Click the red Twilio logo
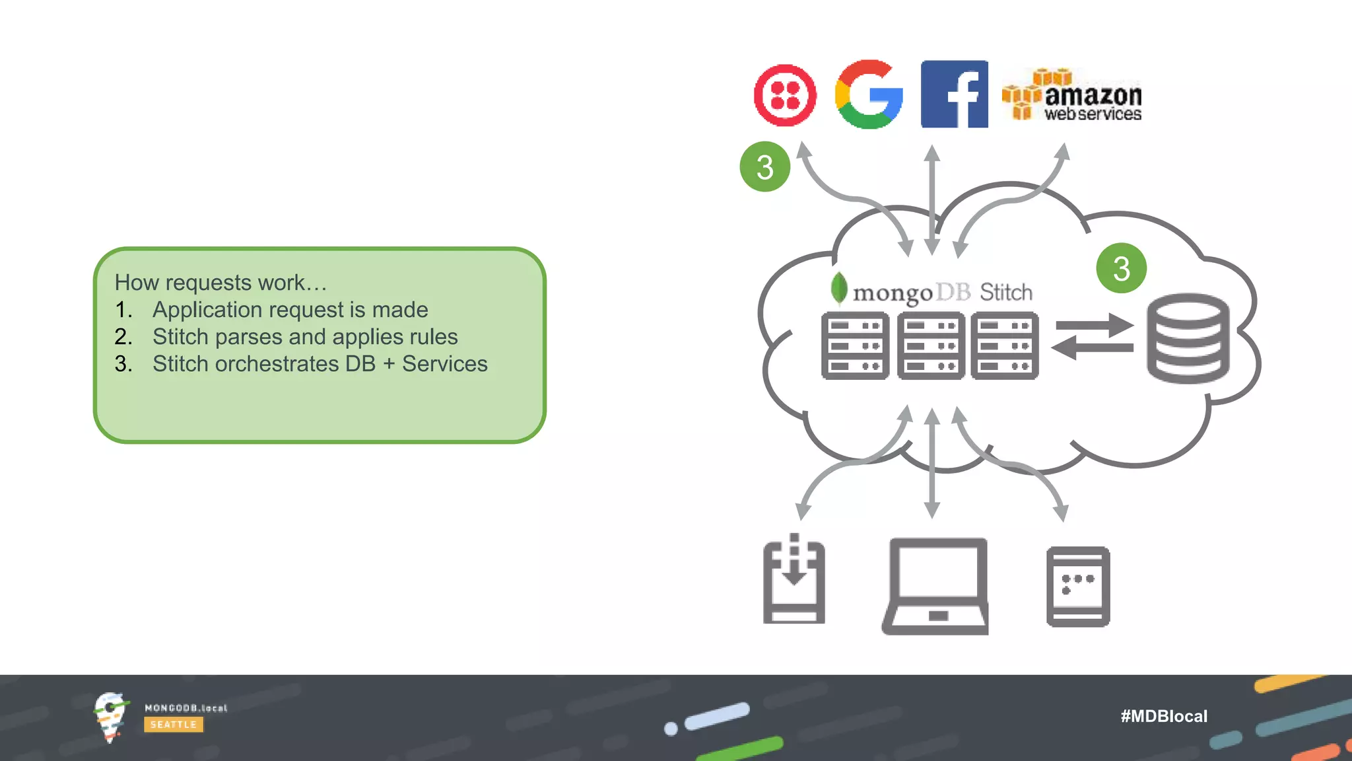(x=785, y=95)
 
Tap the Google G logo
(x=869, y=94)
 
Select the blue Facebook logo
(x=954, y=94)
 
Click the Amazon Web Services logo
(x=1072, y=96)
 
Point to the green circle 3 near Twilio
(x=764, y=166)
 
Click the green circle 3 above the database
(x=1121, y=268)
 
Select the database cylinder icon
(x=1188, y=338)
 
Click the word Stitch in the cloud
(x=1005, y=292)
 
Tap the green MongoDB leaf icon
(x=838, y=288)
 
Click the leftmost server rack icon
(x=855, y=345)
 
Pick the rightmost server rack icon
(x=1004, y=345)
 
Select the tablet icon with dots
(x=1077, y=586)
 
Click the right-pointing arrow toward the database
(x=1094, y=326)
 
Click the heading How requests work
(x=220, y=283)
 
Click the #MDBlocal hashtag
(x=1163, y=716)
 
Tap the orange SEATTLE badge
(x=173, y=725)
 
